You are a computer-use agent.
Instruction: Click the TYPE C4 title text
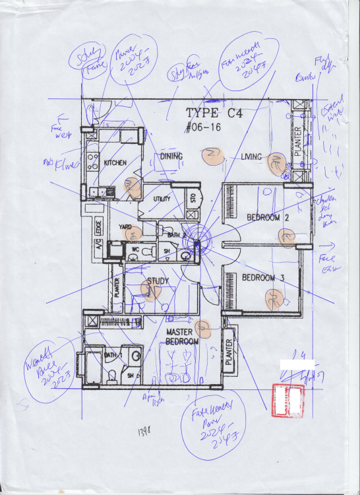(x=214, y=113)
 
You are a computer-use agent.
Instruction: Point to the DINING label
(x=171, y=156)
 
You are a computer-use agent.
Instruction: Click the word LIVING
(x=253, y=156)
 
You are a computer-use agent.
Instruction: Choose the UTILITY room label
(x=162, y=199)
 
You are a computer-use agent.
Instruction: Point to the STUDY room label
(x=158, y=280)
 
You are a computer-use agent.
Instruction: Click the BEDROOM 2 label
(x=268, y=217)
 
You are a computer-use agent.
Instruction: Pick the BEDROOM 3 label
(x=263, y=278)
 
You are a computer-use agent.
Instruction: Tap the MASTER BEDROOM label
(x=182, y=337)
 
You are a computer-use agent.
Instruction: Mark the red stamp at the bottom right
(x=287, y=400)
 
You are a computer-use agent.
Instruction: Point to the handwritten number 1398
(x=140, y=432)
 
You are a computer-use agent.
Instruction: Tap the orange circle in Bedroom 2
(x=287, y=238)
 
